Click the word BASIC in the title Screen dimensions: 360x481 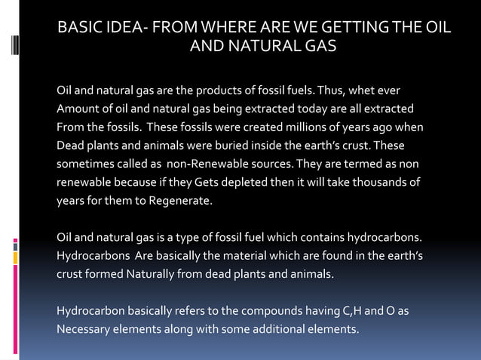point(80,28)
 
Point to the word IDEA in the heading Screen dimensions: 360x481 point(127,28)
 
